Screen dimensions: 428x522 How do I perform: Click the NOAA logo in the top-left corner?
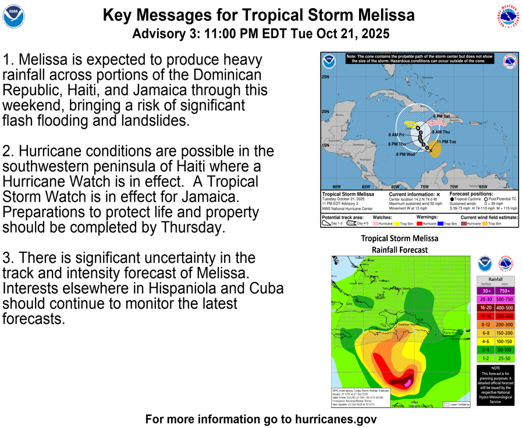point(13,17)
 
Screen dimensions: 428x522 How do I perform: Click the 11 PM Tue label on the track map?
point(446,142)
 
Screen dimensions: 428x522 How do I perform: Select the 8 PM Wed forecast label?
point(406,155)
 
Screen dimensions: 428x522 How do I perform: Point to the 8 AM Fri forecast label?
point(396,135)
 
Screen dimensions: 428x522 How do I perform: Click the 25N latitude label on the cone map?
point(326,77)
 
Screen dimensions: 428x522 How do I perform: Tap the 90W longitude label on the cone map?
point(336,187)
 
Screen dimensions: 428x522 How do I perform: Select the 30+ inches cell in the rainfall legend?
point(486,291)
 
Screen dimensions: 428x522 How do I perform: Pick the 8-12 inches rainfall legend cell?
point(486,324)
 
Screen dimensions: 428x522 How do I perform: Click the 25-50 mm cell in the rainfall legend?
point(504,358)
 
